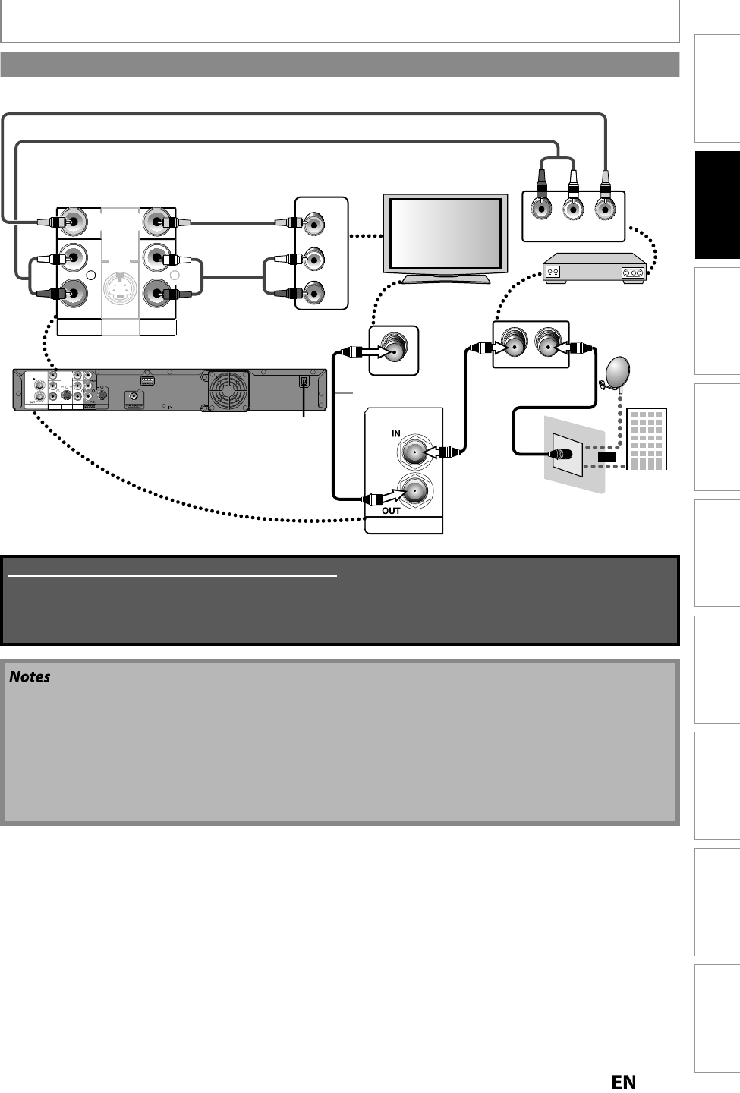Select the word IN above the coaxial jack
point(395,433)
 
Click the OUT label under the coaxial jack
point(391,511)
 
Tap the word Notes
point(30,676)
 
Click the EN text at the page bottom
point(623,1082)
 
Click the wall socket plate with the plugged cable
point(568,455)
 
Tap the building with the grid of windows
point(647,439)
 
